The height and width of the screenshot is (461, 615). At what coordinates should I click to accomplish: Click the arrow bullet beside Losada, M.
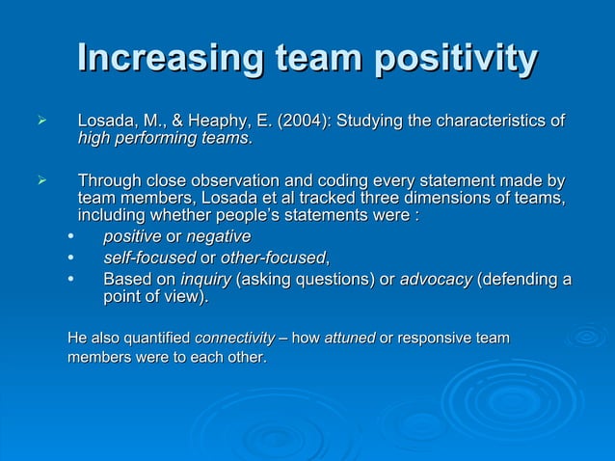(x=40, y=122)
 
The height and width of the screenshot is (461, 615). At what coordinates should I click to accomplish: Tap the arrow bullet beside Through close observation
(x=40, y=180)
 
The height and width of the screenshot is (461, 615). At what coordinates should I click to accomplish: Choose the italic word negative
(x=218, y=236)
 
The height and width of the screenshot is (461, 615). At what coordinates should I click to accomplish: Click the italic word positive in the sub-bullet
(x=132, y=236)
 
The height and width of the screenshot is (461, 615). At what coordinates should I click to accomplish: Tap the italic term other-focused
(x=274, y=258)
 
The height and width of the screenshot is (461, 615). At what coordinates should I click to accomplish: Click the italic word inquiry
(x=205, y=279)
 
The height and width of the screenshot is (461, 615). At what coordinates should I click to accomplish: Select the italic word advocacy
(x=436, y=279)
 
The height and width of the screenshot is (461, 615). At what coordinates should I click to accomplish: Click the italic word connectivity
(x=234, y=339)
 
